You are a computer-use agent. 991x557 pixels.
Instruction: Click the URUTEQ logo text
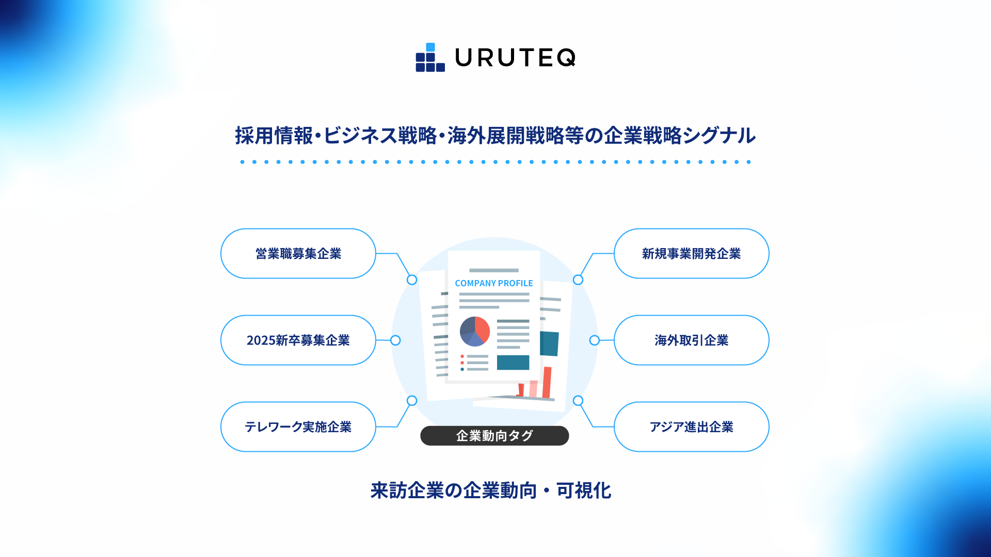[x=515, y=58]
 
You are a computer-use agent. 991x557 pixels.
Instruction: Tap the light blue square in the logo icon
[x=430, y=47]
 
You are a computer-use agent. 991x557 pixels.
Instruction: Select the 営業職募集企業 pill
[x=298, y=254]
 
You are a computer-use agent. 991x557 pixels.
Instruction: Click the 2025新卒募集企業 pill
[x=298, y=340]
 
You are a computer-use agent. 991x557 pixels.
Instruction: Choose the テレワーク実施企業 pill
[x=298, y=427]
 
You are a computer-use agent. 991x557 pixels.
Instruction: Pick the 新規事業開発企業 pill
[x=691, y=254]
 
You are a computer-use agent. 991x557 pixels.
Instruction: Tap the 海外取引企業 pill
[x=691, y=340]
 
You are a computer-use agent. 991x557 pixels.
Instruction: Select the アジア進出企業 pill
[x=691, y=427]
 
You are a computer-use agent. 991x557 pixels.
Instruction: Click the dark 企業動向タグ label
[x=494, y=436]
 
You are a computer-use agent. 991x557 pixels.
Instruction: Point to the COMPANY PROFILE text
[x=493, y=283]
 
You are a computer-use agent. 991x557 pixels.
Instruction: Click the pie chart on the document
[x=474, y=331]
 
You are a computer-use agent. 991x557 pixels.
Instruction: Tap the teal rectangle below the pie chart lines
[x=513, y=363]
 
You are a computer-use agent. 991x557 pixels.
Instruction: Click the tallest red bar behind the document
[x=547, y=382]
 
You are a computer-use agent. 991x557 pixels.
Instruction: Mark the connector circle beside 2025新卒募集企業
[x=395, y=340]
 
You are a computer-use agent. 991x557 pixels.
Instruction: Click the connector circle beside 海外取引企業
[x=595, y=340]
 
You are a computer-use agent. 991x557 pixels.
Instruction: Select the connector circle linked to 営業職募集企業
[x=412, y=280]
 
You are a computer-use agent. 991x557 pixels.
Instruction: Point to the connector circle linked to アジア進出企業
[x=578, y=401]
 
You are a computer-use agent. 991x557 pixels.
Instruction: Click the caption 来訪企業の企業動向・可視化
[x=491, y=490]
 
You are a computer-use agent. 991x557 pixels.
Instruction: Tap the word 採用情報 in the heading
[x=274, y=136]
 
